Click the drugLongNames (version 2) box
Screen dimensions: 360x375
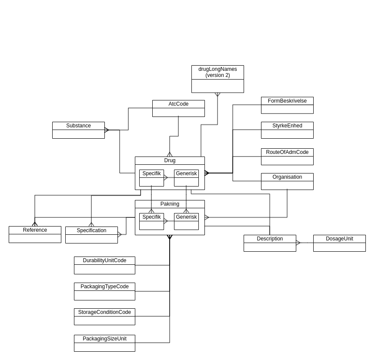tap(218, 79)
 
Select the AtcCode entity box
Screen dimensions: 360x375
tap(178, 108)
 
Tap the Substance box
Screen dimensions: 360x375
tap(78, 130)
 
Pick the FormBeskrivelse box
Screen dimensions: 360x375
tap(287, 105)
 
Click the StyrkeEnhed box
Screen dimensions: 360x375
tap(287, 130)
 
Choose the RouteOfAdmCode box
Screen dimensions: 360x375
tap(287, 157)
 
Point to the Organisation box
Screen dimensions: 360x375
tap(287, 181)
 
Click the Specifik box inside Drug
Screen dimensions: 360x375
tap(151, 178)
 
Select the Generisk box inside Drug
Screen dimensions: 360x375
tap(186, 178)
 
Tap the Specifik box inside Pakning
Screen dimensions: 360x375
tap(151, 221)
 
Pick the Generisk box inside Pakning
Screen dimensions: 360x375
tap(186, 221)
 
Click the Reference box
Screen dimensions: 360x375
tap(35, 234)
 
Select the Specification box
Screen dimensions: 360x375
tap(91, 235)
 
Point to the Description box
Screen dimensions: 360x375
tap(270, 243)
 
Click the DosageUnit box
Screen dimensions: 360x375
tap(339, 243)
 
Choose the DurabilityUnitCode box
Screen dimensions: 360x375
tap(104, 265)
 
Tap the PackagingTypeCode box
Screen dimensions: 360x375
tap(104, 291)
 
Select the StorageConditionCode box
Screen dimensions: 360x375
tap(104, 317)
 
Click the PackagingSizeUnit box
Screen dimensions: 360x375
tap(104, 343)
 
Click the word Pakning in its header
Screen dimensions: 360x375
tap(170, 204)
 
